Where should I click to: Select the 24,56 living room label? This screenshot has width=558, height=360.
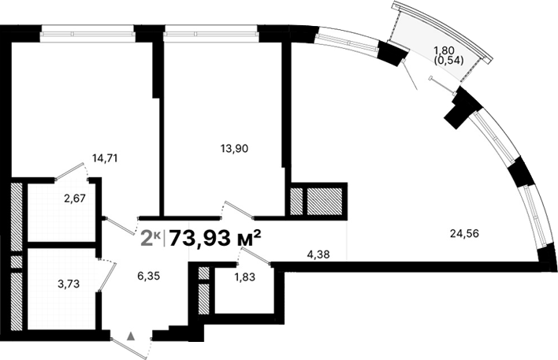(465, 232)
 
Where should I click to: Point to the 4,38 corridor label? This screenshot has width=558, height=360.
(320, 254)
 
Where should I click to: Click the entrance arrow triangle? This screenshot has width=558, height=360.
(132, 336)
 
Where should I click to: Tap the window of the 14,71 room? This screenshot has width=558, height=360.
(87, 34)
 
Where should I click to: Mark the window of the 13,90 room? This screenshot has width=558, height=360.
(211, 34)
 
